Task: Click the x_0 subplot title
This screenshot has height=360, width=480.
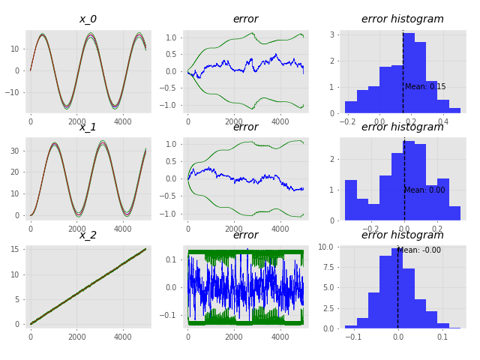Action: [88, 19]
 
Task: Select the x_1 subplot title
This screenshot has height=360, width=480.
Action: [88, 127]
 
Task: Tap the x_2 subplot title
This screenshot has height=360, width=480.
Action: [88, 235]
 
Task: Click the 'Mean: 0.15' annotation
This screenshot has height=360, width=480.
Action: [425, 87]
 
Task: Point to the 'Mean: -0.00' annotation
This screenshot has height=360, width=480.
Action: [419, 250]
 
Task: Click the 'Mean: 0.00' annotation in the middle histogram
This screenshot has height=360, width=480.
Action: [424, 190]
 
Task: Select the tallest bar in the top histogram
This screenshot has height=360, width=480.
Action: [409, 73]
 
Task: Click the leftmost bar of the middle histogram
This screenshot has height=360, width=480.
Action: [351, 200]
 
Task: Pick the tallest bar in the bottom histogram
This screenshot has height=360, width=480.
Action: [397, 288]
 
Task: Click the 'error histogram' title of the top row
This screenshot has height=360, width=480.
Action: [403, 19]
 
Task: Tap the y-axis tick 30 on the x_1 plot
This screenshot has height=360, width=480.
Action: [15, 151]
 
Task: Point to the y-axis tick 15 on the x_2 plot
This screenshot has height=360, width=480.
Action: [15, 250]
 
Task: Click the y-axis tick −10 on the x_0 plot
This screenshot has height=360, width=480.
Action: [12, 92]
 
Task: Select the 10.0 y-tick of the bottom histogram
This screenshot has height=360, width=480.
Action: [325, 247]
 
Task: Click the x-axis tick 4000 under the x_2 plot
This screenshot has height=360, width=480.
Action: [123, 337]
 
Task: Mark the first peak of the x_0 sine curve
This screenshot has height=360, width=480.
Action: [42, 35]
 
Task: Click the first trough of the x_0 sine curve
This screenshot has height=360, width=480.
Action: [67, 106]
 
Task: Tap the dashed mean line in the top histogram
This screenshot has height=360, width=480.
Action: [403, 72]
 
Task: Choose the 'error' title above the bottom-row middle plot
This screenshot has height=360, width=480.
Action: [246, 235]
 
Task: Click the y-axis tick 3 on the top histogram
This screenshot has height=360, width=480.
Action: [332, 34]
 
